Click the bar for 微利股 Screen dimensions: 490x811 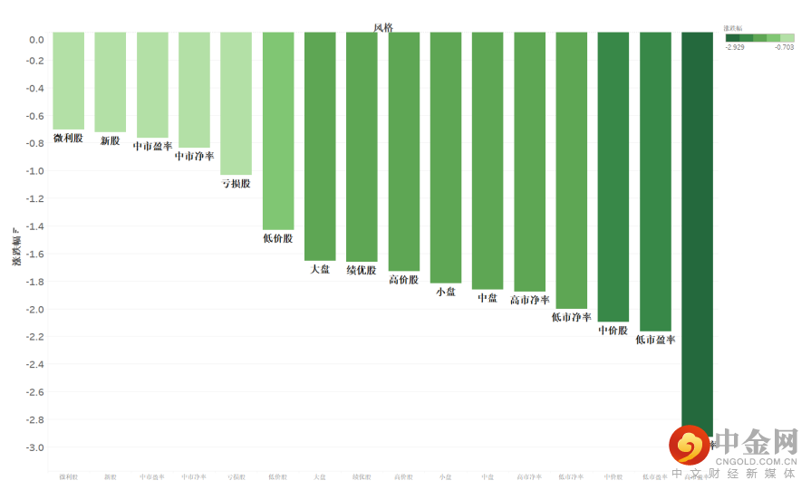coord(68,81)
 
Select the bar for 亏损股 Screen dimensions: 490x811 coord(236,103)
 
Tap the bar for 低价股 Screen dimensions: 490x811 coord(278,130)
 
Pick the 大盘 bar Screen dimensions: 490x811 coord(320,146)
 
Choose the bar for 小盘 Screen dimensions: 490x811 coord(445,158)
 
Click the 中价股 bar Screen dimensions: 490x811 coord(613,177)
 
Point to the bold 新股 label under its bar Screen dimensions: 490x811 coord(110,140)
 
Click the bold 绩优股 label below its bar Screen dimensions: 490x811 coord(362,270)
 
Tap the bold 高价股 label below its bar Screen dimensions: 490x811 coord(403,280)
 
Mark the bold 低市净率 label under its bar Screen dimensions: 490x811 coord(571,317)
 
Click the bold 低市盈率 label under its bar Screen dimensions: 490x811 coord(655,340)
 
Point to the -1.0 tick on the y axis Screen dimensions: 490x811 coord(34,171)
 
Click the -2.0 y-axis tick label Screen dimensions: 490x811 coord(34,310)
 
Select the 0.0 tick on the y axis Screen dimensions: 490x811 coord(36,40)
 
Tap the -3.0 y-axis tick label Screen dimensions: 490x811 coord(34,447)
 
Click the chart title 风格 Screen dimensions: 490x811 coord(383,27)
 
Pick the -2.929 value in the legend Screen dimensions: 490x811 coord(735,47)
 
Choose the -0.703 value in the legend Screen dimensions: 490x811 coord(785,47)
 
